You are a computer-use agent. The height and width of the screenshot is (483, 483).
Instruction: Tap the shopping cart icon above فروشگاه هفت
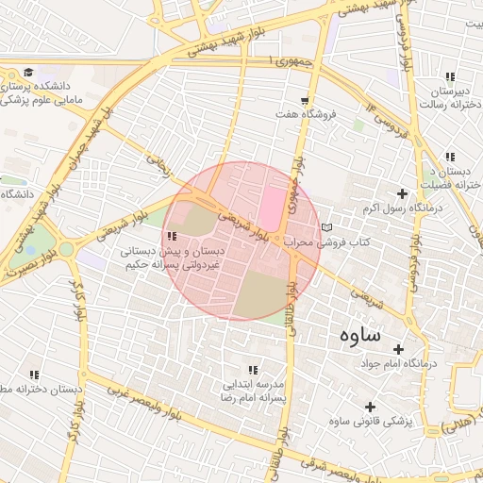click(x=304, y=100)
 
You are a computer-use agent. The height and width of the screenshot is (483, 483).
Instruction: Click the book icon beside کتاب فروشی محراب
click(x=326, y=228)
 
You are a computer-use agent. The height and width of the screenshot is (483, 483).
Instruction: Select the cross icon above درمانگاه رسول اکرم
click(x=404, y=192)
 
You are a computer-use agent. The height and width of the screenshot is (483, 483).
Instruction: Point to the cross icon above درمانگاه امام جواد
click(x=398, y=349)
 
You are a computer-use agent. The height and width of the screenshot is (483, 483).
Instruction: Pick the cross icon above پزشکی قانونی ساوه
click(x=368, y=408)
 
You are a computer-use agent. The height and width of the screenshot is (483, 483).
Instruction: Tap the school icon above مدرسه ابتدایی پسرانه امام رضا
click(x=252, y=371)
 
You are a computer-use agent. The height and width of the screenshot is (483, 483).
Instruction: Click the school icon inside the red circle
click(x=171, y=237)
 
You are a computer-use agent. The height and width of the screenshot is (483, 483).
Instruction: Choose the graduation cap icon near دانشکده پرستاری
click(x=28, y=73)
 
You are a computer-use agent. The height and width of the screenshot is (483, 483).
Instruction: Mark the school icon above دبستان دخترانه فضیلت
click(x=451, y=157)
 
